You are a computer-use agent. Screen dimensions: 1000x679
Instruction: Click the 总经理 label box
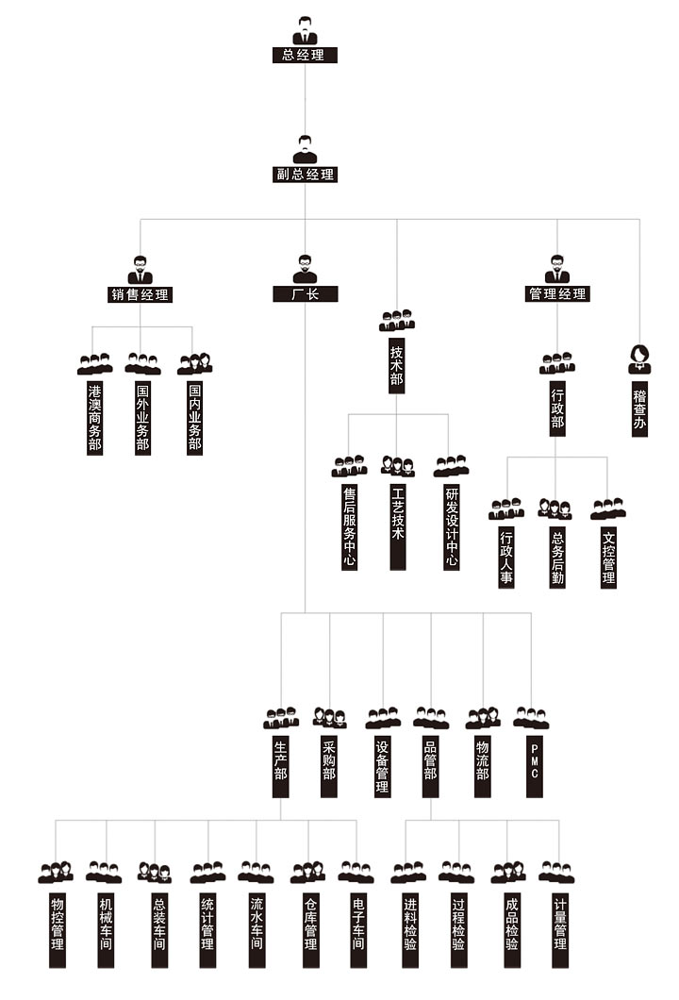[304, 55]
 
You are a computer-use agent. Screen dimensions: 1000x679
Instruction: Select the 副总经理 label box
[304, 175]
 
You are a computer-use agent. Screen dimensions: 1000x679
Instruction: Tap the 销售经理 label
[141, 294]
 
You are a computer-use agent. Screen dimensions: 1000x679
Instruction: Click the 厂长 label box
[304, 294]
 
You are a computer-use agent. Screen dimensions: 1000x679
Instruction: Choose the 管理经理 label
[556, 294]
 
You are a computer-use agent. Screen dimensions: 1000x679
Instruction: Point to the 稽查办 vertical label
[639, 407]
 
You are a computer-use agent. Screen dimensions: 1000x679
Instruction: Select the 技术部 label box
[397, 366]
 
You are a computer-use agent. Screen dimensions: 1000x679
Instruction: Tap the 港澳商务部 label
[94, 418]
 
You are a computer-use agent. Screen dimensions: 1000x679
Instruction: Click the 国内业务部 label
[194, 418]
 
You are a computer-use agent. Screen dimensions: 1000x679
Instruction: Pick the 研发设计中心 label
[451, 527]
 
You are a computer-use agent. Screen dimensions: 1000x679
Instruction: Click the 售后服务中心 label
[349, 527]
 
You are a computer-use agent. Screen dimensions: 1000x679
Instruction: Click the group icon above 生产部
[280, 718]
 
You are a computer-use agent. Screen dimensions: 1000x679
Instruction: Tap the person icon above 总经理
[304, 31]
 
